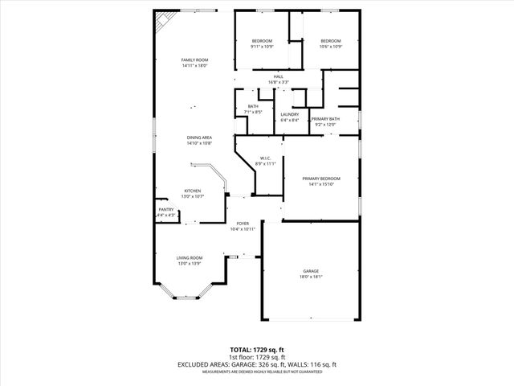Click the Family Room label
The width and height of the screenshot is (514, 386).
click(194, 60)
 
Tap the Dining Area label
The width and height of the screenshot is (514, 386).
click(199, 138)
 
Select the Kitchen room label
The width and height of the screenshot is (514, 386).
click(194, 191)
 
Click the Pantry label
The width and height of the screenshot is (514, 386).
click(165, 210)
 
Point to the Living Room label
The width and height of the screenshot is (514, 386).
click(190, 257)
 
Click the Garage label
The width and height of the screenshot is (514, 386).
click(311, 271)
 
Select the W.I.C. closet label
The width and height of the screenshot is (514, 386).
click(266, 158)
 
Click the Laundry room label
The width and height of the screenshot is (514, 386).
click(289, 114)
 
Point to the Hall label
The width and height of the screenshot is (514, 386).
click(278, 76)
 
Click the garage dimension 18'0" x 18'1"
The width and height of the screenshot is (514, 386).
click(311, 277)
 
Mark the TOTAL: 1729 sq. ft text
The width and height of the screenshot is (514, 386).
click(256, 351)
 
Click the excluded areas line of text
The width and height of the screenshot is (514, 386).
click(256, 365)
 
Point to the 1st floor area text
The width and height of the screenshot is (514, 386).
click(256, 358)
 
